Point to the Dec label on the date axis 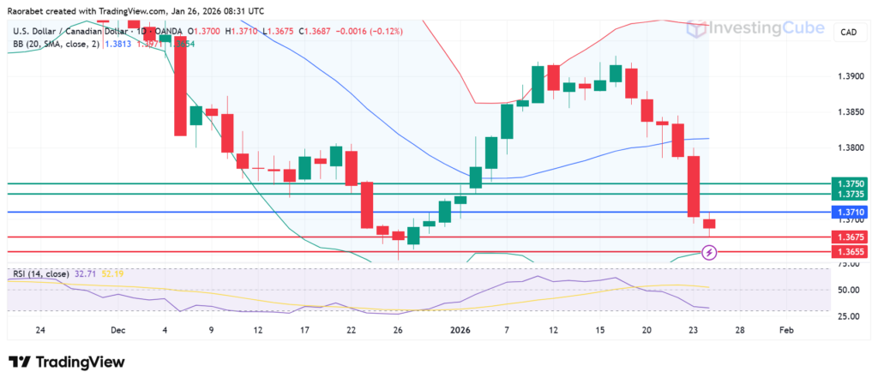[x=117, y=329]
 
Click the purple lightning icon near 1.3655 [x=709, y=252]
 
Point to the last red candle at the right [x=709, y=225]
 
